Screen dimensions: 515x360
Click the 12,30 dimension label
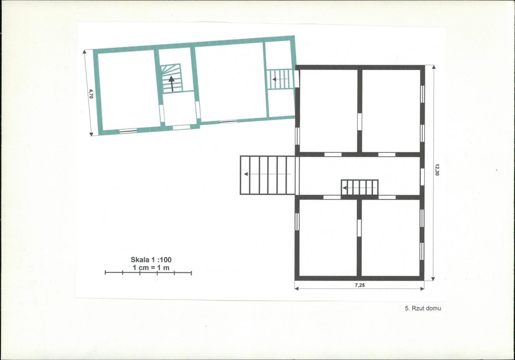[x=437, y=170]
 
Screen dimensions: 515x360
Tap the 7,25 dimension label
[x=360, y=285]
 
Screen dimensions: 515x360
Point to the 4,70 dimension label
[x=91, y=94]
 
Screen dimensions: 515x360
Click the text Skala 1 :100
[x=151, y=259]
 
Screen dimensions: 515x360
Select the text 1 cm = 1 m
[x=151, y=268]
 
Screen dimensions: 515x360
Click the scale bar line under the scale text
[x=148, y=272]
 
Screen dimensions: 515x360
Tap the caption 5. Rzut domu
[x=423, y=308]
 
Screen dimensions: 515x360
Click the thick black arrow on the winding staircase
[x=172, y=84]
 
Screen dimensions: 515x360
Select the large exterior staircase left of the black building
[x=268, y=175]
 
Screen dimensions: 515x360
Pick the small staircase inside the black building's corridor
[x=360, y=187]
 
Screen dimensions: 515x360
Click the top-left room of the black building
[x=328, y=111]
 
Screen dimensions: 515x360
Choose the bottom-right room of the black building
[x=391, y=238]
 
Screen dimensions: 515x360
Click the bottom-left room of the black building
[x=328, y=238]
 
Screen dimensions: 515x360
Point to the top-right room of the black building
[x=391, y=111]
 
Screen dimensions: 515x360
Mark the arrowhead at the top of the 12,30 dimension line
[x=434, y=67]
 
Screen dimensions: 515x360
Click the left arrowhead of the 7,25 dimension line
[x=297, y=289]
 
